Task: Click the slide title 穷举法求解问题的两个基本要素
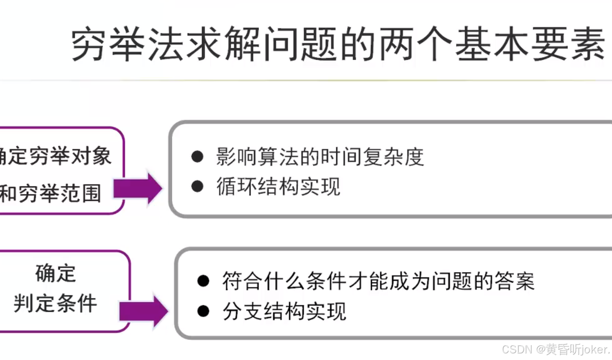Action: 338,44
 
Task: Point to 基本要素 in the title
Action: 530,44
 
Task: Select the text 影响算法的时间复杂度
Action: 320,157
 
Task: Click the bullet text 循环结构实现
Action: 279,187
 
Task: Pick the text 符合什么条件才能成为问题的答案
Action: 378,282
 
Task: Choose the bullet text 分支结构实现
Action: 284,311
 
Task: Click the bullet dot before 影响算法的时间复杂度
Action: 197,157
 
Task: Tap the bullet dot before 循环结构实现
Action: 197,187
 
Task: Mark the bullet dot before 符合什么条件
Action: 203,281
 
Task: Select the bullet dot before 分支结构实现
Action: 203,311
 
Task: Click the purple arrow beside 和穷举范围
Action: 138,188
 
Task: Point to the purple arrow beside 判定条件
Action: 144,310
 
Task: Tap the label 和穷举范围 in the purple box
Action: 50,193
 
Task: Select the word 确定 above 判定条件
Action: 56,273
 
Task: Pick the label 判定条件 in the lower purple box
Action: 55,303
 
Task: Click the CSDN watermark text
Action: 555,350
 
